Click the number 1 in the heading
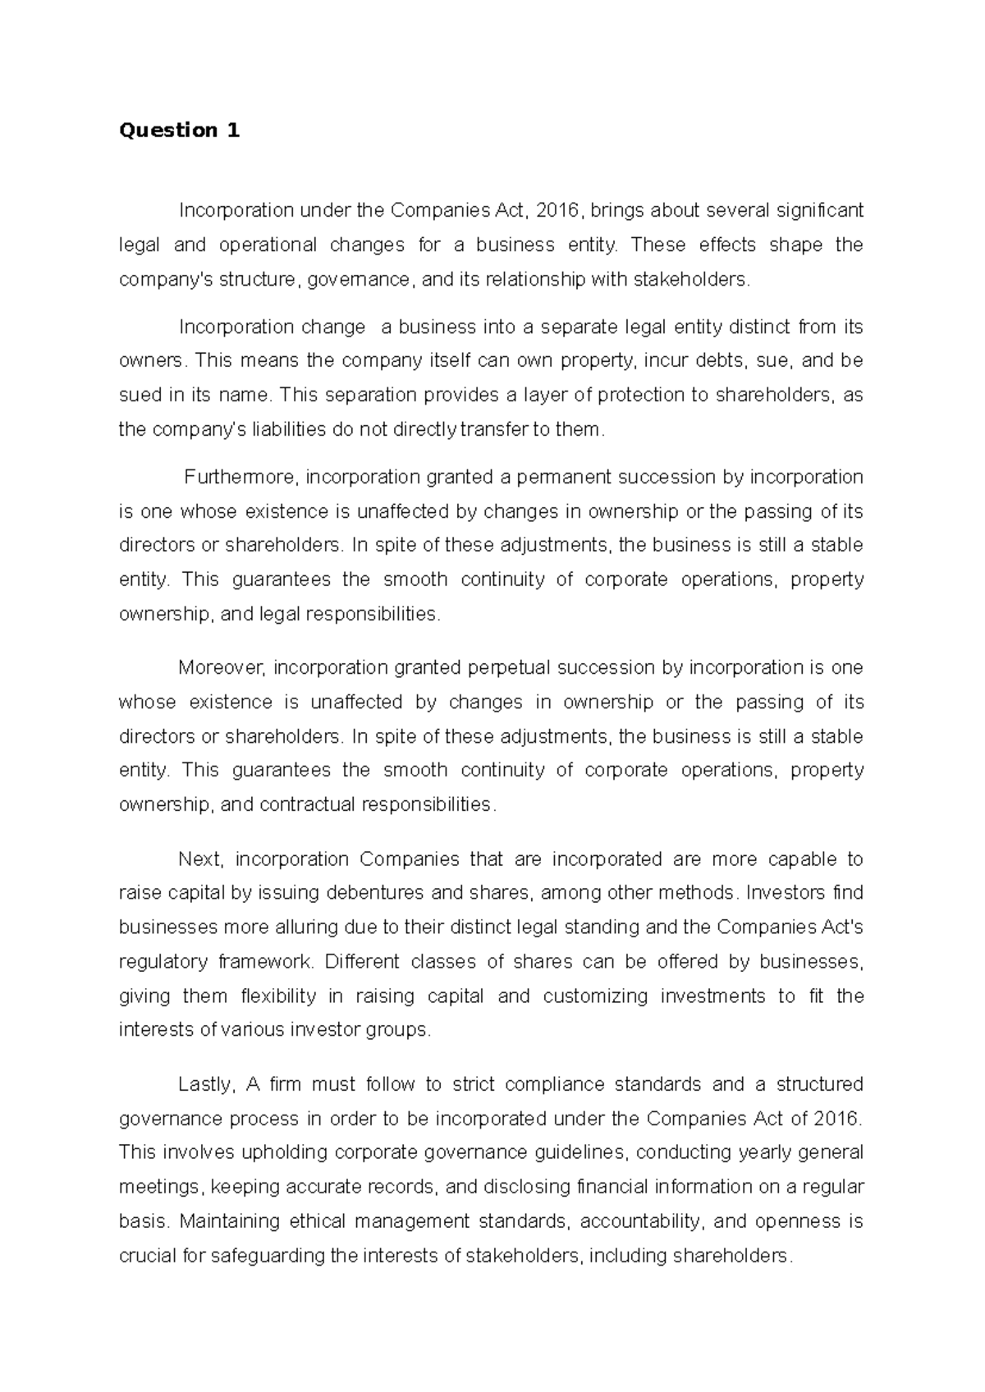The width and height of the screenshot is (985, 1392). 233,130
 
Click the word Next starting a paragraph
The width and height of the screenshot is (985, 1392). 199,859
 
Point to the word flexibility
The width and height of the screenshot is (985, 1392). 278,996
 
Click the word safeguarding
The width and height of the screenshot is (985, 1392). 267,1256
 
